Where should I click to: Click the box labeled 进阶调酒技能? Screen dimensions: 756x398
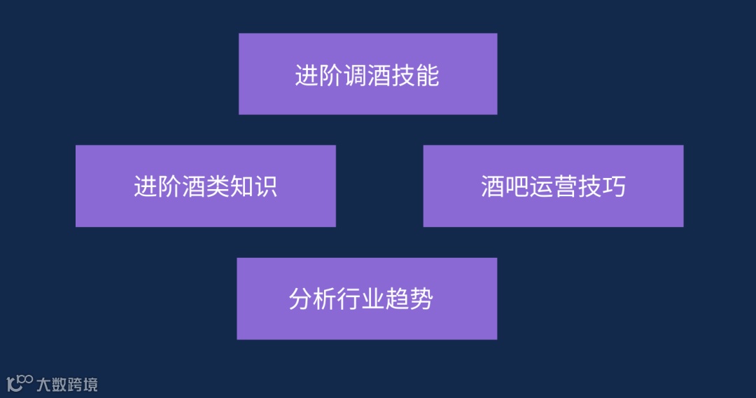[367, 74]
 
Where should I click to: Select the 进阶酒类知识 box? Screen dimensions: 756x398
[205, 186]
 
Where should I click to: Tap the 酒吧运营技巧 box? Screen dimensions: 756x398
[553, 186]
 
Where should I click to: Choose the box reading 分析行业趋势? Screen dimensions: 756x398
[367, 298]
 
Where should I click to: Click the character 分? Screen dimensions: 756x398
[300, 299]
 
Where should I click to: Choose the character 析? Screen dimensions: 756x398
[325, 299]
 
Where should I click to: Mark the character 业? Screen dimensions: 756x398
[373, 299]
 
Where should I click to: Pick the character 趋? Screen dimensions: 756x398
[397, 299]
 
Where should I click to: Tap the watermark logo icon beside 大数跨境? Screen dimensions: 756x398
[20, 383]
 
